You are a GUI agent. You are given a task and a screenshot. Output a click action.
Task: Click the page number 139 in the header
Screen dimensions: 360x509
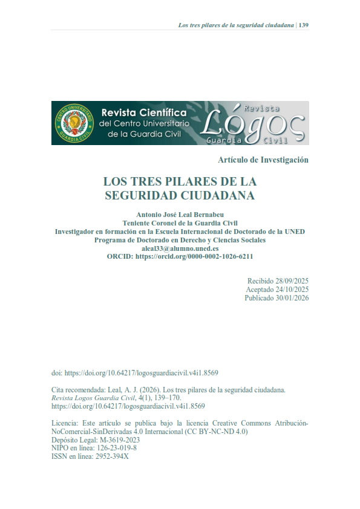304,25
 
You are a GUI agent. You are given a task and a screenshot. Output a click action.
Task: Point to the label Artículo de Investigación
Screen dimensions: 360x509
263,160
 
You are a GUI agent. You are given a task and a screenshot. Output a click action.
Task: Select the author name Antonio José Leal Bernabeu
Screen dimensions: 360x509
180,215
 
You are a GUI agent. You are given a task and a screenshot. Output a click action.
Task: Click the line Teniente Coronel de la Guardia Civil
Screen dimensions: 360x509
180,223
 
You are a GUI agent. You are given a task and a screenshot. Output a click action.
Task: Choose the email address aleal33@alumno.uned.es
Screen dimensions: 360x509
180,248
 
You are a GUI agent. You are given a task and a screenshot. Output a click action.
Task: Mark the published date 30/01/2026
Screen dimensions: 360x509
289,299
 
